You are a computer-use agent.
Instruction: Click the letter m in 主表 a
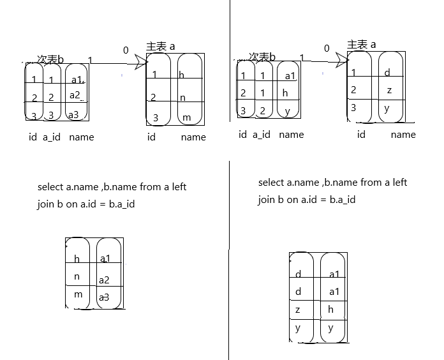tap(186, 118)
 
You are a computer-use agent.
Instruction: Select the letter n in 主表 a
tap(182, 98)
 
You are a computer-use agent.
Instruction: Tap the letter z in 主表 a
tap(389, 91)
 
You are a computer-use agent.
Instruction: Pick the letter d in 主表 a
tap(387, 73)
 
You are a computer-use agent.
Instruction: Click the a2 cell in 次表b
tap(75, 96)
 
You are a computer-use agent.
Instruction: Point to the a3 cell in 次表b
tap(74, 115)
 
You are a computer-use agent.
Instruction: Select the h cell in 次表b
tap(285, 93)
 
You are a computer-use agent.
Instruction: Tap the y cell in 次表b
tap(288, 110)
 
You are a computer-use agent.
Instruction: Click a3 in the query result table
tap(104, 297)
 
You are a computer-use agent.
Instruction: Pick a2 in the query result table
tap(104, 280)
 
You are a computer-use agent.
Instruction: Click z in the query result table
tap(297, 310)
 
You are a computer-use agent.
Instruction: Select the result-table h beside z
tap(331, 310)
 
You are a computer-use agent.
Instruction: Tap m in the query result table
tap(78, 294)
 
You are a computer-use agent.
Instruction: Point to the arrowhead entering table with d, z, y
tap(341, 58)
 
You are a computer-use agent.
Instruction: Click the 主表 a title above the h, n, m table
tap(161, 47)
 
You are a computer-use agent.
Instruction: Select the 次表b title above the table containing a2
tap(50, 59)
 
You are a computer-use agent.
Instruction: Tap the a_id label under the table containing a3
tap(52, 137)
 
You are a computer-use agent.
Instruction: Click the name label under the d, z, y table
tap(403, 135)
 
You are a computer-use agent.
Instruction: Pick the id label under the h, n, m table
tap(151, 137)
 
